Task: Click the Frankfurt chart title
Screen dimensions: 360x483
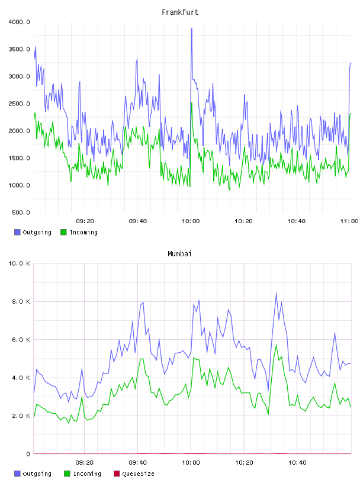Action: pos(180,12)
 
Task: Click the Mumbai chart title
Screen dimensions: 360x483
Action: pos(179,254)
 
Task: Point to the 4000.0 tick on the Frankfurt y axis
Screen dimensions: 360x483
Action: pos(19,22)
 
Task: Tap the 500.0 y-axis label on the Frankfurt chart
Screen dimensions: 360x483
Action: pos(21,212)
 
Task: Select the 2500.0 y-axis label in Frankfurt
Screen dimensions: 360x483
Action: pos(19,104)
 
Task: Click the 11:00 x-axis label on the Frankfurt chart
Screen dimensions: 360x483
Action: pos(349,221)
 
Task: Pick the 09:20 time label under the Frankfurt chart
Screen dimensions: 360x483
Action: pos(85,221)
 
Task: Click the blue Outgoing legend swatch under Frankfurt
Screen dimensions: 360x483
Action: pos(17,232)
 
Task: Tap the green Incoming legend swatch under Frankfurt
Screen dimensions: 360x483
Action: pos(63,232)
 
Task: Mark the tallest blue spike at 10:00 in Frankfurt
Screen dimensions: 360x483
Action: pos(192,28)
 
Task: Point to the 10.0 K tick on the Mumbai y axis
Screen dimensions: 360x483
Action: pos(19,263)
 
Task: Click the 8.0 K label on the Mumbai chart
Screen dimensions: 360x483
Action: pos(21,301)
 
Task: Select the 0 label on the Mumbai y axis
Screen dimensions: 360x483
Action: pos(28,454)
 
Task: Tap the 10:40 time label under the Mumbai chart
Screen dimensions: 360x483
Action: pos(297,463)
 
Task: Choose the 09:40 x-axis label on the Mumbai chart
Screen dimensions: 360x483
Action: pos(138,463)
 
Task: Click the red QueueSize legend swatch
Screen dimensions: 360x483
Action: pos(117,474)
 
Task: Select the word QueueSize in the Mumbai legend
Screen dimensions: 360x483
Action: pos(138,474)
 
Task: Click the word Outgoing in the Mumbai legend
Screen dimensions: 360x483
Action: pos(37,474)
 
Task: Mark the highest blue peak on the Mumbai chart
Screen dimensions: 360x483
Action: pos(276,292)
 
